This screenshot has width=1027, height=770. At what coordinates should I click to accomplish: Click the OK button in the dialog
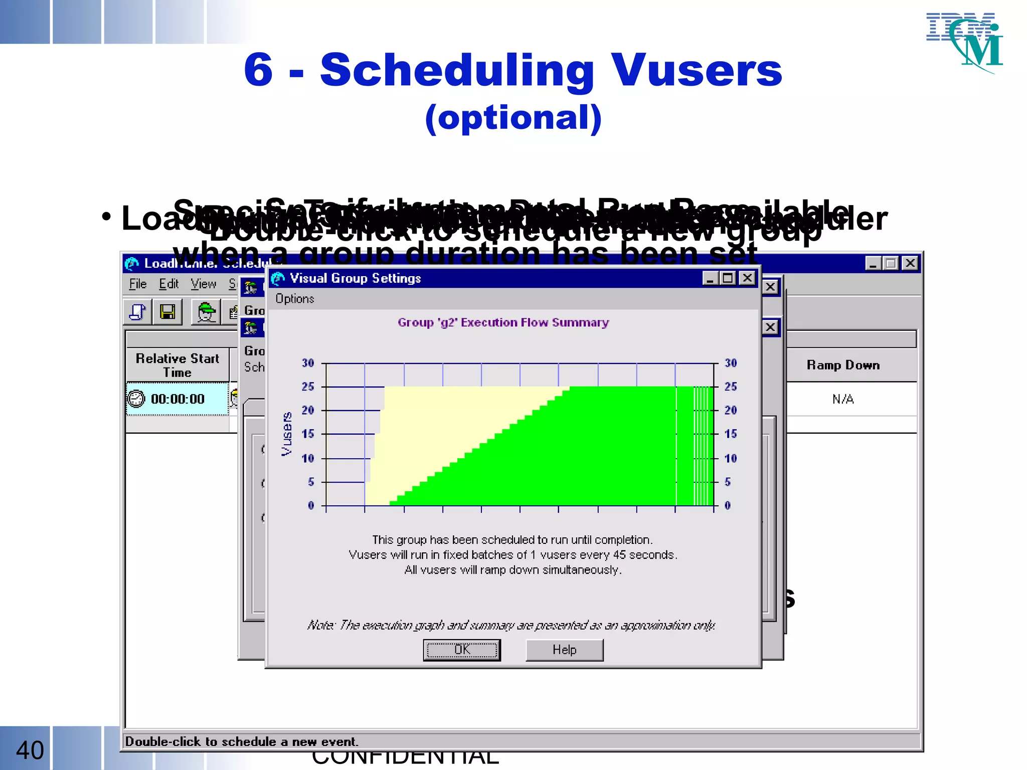point(461,650)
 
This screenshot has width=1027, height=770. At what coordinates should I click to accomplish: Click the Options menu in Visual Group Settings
point(295,299)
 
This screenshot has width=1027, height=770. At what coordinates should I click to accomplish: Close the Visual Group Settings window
point(747,278)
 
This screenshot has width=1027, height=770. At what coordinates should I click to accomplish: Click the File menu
point(137,284)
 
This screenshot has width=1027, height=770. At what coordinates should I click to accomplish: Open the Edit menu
point(168,284)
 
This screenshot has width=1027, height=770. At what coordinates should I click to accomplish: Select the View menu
point(203,284)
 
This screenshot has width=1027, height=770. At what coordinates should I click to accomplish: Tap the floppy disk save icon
point(167,312)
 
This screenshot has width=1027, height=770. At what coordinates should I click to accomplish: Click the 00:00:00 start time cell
point(178,399)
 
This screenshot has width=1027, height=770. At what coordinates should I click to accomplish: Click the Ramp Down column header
point(843,365)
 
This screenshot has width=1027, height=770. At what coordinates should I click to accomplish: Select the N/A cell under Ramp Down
point(843,399)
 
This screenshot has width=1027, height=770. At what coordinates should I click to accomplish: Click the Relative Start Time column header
point(178,365)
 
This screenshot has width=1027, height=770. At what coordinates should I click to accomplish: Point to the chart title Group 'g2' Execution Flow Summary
point(503,322)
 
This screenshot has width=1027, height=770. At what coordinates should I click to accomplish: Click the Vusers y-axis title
point(286,434)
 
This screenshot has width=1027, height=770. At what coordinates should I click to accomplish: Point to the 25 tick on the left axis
point(308,387)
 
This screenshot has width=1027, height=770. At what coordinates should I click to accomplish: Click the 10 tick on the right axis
point(731,458)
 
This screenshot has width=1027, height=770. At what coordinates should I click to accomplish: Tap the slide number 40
point(30,750)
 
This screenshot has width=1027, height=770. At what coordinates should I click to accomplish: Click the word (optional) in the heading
point(513,118)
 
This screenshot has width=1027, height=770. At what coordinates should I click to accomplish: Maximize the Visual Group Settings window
point(728,278)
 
